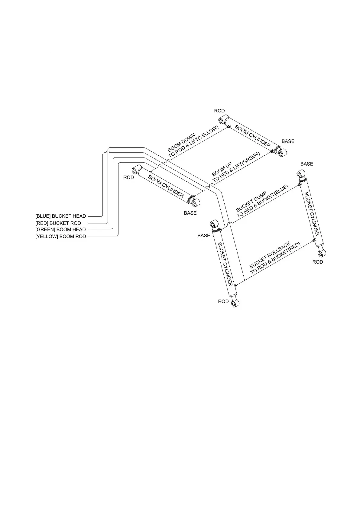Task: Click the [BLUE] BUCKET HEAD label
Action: click(x=61, y=216)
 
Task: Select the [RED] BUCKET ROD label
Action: click(x=58, y=223)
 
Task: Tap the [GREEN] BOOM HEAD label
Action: click(x=60, y=229)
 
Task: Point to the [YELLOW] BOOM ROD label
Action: click(x=61, y=236)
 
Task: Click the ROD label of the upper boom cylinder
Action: click(x=219, y=111)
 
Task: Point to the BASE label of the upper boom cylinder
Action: click(x=288, y=141)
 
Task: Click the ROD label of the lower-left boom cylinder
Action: click(x=128, y=177)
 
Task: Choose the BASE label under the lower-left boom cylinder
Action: click(x=190, y=213)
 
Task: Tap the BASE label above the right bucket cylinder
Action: click(x=306, y=164)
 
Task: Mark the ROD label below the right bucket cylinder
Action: click(x=317, y=262)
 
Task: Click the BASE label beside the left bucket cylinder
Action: click(x=204, y=235)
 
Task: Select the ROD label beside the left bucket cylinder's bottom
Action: click(x=223, y=301)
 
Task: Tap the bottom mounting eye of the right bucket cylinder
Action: click(x=321, y=253)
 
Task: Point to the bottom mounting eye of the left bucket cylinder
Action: click(x=235, y=303)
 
